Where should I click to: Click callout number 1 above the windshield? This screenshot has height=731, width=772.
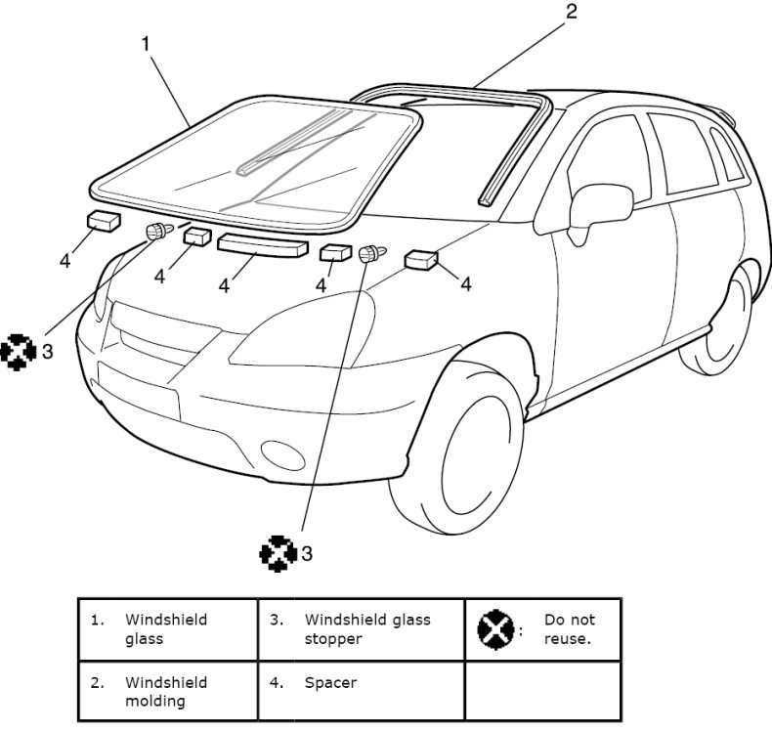(x=146, y=43)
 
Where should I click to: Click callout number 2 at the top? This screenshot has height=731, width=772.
(x=572, y=12)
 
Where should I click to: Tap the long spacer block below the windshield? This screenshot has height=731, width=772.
(x=262, y=244)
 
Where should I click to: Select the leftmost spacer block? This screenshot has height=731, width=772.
(x=103, y=220)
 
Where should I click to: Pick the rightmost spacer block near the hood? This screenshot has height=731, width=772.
(x=422, y=259)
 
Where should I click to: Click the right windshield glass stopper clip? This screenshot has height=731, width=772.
(x=369, y=255)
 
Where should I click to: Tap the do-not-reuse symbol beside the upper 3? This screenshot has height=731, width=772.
(x=19, y=351)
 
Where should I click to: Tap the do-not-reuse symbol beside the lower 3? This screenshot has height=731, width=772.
(x=278, y=553)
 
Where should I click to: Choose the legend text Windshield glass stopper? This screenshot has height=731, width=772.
(x=367, y=629)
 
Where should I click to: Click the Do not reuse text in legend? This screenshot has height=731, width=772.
(x=569, y=629)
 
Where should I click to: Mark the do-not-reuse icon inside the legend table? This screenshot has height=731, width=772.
(x=495, y=629)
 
